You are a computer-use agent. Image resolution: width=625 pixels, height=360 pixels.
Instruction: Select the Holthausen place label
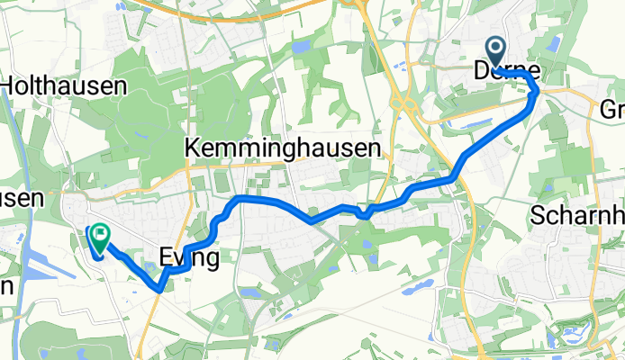tap(68, 86)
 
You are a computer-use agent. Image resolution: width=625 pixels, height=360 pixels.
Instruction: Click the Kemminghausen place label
tap(283, 147)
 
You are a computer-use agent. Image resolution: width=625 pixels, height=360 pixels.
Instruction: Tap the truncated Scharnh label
tap(576, 217)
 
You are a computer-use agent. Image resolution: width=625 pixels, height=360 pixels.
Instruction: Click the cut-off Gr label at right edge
tap(611, 110)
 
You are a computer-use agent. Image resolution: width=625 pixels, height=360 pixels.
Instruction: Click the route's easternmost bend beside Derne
tap(538, 93)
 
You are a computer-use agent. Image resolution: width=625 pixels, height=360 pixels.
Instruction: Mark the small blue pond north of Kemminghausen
tap(299, 45)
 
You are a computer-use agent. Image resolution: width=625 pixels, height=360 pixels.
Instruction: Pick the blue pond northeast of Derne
tap(553, 41)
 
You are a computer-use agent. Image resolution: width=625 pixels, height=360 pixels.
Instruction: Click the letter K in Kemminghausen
tap(192, 147)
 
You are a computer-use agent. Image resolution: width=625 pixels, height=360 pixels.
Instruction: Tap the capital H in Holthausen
tap(11, 86)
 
